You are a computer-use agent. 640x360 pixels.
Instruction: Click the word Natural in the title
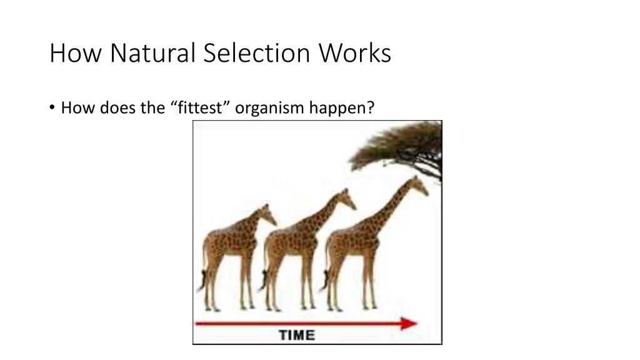pos(154,53)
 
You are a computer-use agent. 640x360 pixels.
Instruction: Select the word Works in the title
pos(356,53)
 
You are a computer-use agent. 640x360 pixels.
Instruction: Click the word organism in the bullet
pos(269,108)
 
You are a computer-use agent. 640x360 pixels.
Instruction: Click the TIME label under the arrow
pos(296,335)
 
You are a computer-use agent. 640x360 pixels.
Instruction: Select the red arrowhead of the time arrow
pos(409,323)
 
